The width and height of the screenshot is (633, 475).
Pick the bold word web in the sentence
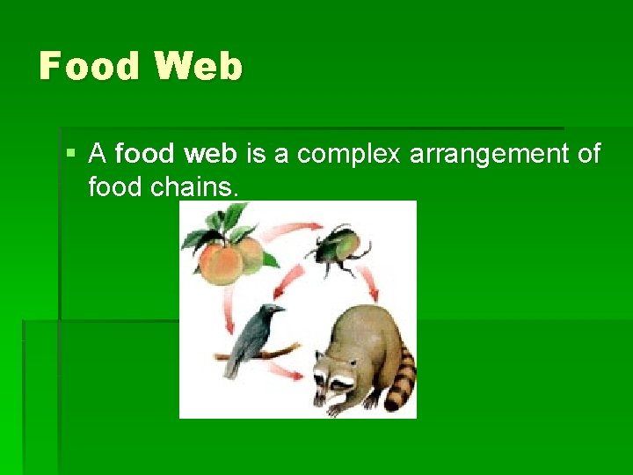click(211, 155)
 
